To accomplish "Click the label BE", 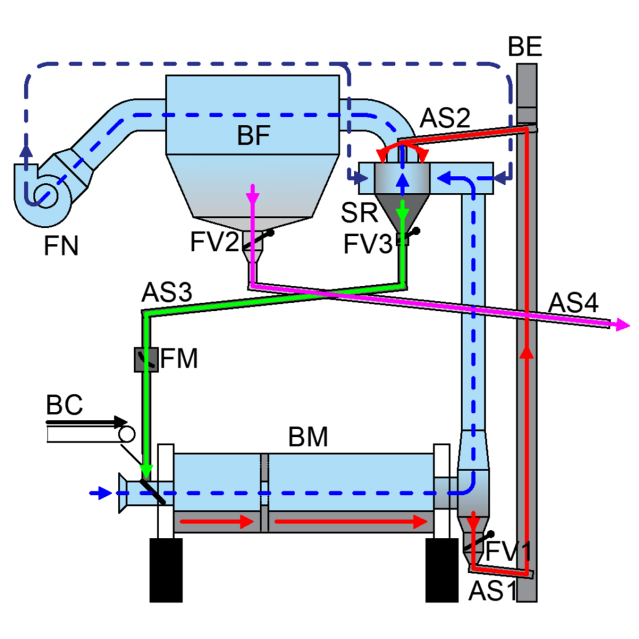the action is tap(524, 47).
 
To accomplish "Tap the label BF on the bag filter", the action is tap(253, 135).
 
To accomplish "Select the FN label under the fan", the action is tap(61, 246).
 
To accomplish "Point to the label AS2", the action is tap(445, 118).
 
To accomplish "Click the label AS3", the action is tap(167, 292).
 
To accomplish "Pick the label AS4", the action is tap(573, 303).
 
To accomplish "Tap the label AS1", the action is tap(492, 591).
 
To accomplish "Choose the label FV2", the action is tap(215, 241).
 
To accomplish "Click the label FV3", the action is tap(368, 244).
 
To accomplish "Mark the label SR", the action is tap(359, 213).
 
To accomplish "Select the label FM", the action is tap(179, 359).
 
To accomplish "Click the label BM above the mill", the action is tap(308, 437).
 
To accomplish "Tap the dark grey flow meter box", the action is tap(146, 359).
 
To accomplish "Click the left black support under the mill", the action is tap(166, 570).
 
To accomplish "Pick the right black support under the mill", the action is tap(442, 570).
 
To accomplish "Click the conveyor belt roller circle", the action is tap(127, 435).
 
